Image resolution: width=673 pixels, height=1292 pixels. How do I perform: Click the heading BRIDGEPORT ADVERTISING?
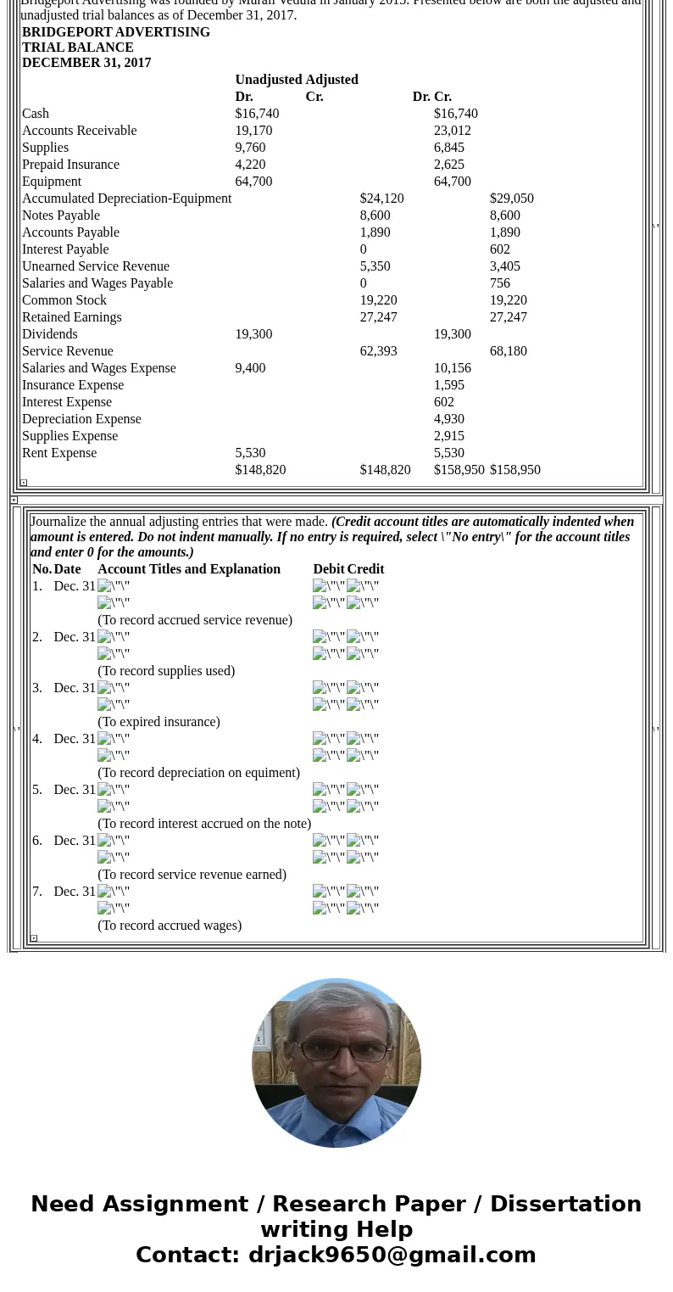click(115, 32)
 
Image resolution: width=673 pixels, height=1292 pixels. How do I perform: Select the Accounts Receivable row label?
click(79, 131)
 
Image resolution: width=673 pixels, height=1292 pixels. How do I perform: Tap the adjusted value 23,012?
click(452, 131)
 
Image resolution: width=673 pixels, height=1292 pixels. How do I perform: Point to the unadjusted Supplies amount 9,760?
click(250, 148)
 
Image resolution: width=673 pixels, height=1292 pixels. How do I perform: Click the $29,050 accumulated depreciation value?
click(511, 199)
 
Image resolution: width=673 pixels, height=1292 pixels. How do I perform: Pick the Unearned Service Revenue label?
click(95, 266)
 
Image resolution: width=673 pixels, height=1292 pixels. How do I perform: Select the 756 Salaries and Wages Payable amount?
click(500, 283)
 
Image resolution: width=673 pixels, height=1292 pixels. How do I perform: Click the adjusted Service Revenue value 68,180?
click(508, 351)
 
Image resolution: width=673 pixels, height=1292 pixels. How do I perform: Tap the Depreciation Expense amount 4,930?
click(448, 419)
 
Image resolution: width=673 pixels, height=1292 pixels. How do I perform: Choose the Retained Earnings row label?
click(71, 317)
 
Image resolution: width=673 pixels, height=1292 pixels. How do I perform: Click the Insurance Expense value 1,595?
click(448, 385)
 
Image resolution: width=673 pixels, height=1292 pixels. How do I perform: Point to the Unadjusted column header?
click(268, 80)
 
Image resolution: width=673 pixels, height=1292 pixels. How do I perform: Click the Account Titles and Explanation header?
click(188, 569)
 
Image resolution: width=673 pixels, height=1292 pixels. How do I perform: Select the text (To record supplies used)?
click(166, 671)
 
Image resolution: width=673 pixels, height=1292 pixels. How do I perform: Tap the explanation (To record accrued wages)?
click(170, 926)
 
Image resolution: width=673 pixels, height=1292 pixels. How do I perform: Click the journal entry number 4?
click(36, 739)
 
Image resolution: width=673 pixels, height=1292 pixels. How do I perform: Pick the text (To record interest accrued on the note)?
click(204, 824)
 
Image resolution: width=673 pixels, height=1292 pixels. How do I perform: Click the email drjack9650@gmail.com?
click(392, 1255)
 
